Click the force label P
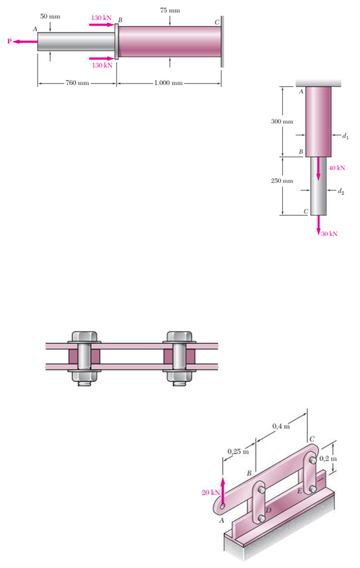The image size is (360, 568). pos(9,41)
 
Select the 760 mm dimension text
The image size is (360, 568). pos(78,83)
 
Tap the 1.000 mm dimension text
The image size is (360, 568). pos(168,83)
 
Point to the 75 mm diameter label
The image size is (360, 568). pos(170,11)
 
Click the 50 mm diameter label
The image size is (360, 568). pos(50,17)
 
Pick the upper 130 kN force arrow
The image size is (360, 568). pos(102,25)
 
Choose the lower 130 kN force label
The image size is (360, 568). pos(102,65)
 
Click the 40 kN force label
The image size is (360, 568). pos(337,168)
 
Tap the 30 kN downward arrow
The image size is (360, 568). pos(318,225)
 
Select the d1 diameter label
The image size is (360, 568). pos(345,136)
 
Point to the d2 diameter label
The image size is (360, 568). pos(341,191)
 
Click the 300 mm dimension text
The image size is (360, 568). pos(282,122)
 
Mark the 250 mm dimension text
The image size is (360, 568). pos(282,181)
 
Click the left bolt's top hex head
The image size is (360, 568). pos(84,336)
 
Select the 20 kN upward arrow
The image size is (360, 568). pos(222,491)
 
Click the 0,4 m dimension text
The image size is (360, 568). pos(281,426)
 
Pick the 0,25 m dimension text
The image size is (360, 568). pos(238,451)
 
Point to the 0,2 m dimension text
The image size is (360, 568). pos(328,458)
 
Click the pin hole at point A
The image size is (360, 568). pos(222,506)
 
